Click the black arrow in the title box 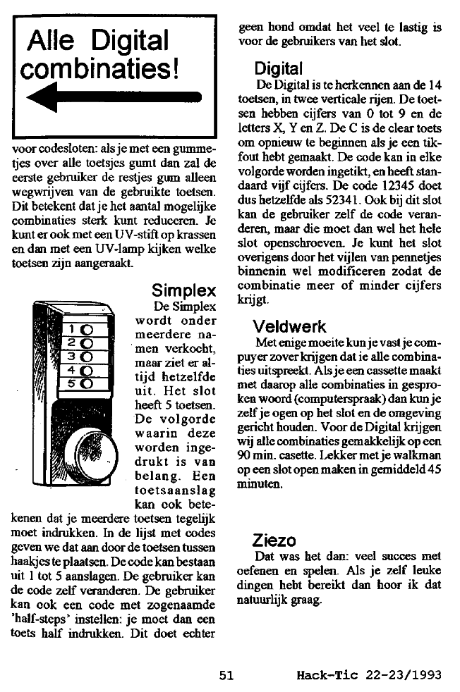(113, 99)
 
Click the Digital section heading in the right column (279, 68)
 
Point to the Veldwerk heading (289, 326)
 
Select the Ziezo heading (274, 541)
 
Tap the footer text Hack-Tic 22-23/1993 (369, 674)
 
